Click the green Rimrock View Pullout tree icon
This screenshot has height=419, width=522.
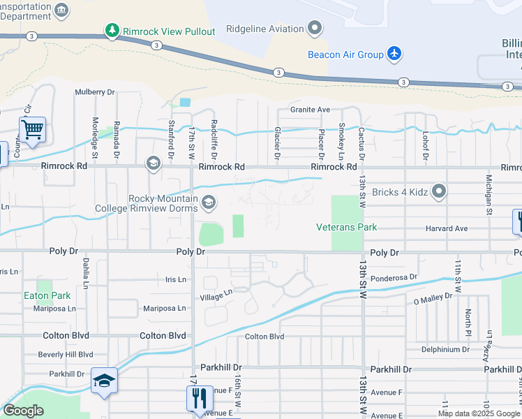[111, 29]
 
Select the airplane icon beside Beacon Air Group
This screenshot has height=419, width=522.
[395, 54]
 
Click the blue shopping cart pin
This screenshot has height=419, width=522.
[32, 130]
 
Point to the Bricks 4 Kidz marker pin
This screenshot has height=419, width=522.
[438, 191]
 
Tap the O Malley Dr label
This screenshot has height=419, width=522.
[433, 298]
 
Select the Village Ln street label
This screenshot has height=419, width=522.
[216, 296]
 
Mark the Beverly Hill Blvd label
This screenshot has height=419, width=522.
[66, 355]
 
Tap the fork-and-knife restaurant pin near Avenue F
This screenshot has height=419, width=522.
[200, 398]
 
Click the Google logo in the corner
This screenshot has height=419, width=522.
[23, 411]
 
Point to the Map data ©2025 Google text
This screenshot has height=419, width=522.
[478, 413]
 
